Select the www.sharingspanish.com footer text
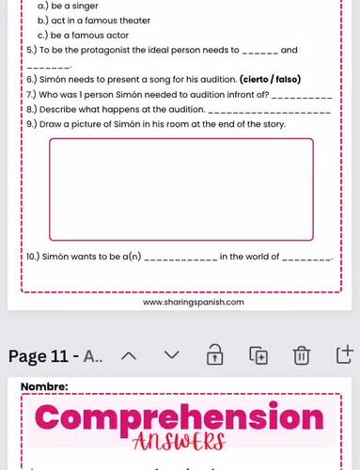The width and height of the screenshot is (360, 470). pyautogui.click(x=194, y=303)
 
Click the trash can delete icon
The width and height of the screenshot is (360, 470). pyautogui.click(x=301, y=355)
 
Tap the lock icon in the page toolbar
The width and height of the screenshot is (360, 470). pyautogui.click(x=214, y=355)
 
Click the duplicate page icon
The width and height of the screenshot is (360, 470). pyautogui.click(x=258, y=355)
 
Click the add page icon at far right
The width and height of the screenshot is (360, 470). pyautogui.click(x=344, y=355)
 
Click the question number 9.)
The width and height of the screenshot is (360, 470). pyautogui.click(x=31, y=124)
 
